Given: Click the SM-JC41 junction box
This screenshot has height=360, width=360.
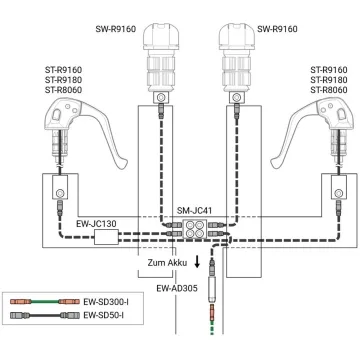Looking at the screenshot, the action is pyautogui.click(x=195, y=229).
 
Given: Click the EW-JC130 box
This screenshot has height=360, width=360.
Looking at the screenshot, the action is pyautogui.click(x=106, y=238).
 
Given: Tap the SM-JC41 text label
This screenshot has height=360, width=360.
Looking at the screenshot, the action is pyautogui.click(x=195, y=211).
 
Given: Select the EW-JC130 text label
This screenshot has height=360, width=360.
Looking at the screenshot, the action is pyautogui.click(x=96, y=224).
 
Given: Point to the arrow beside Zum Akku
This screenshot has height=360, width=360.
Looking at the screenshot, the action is pyautogui.click(x=197, y=262).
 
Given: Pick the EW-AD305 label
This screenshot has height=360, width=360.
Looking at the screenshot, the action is pyautogui.click(x=177, y=288).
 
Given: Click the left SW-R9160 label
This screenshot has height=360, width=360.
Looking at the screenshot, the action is pyautogui.click(x=116, y=29).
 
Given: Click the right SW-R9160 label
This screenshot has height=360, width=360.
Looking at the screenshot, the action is pyautogui.click(x=277, y=29).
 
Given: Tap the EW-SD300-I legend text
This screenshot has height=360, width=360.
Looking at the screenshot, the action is pyautogui.click(x=105, y=302).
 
